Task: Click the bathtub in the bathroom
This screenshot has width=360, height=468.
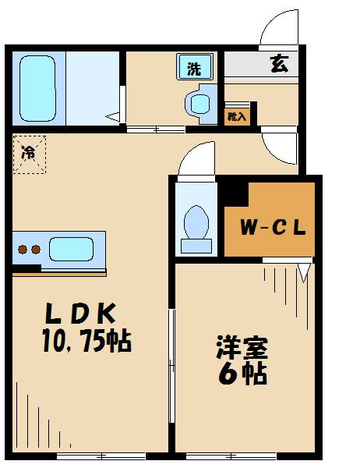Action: [38, 88]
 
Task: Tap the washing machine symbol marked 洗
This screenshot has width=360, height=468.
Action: [195, 66]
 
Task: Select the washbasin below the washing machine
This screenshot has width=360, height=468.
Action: [200, 104]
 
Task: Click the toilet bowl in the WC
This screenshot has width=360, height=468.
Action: [196, 222]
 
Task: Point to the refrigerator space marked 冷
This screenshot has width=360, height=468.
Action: [30, 154]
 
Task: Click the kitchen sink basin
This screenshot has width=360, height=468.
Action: [71, 249]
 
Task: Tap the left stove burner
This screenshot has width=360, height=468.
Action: [23, 250]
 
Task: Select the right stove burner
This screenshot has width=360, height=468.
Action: [36, 250]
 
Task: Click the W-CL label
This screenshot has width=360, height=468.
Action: [273, 228]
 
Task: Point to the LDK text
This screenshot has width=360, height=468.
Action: [80, 313]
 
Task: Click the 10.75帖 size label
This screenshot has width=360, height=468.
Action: [86, 341]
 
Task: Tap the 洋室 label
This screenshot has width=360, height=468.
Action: [242, 347]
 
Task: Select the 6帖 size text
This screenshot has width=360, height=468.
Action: [242, 374]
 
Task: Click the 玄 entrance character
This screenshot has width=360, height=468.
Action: [280, 64]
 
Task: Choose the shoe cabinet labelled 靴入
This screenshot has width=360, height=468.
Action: [237, 117]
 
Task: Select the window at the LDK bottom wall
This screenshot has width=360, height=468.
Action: [101, 456]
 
